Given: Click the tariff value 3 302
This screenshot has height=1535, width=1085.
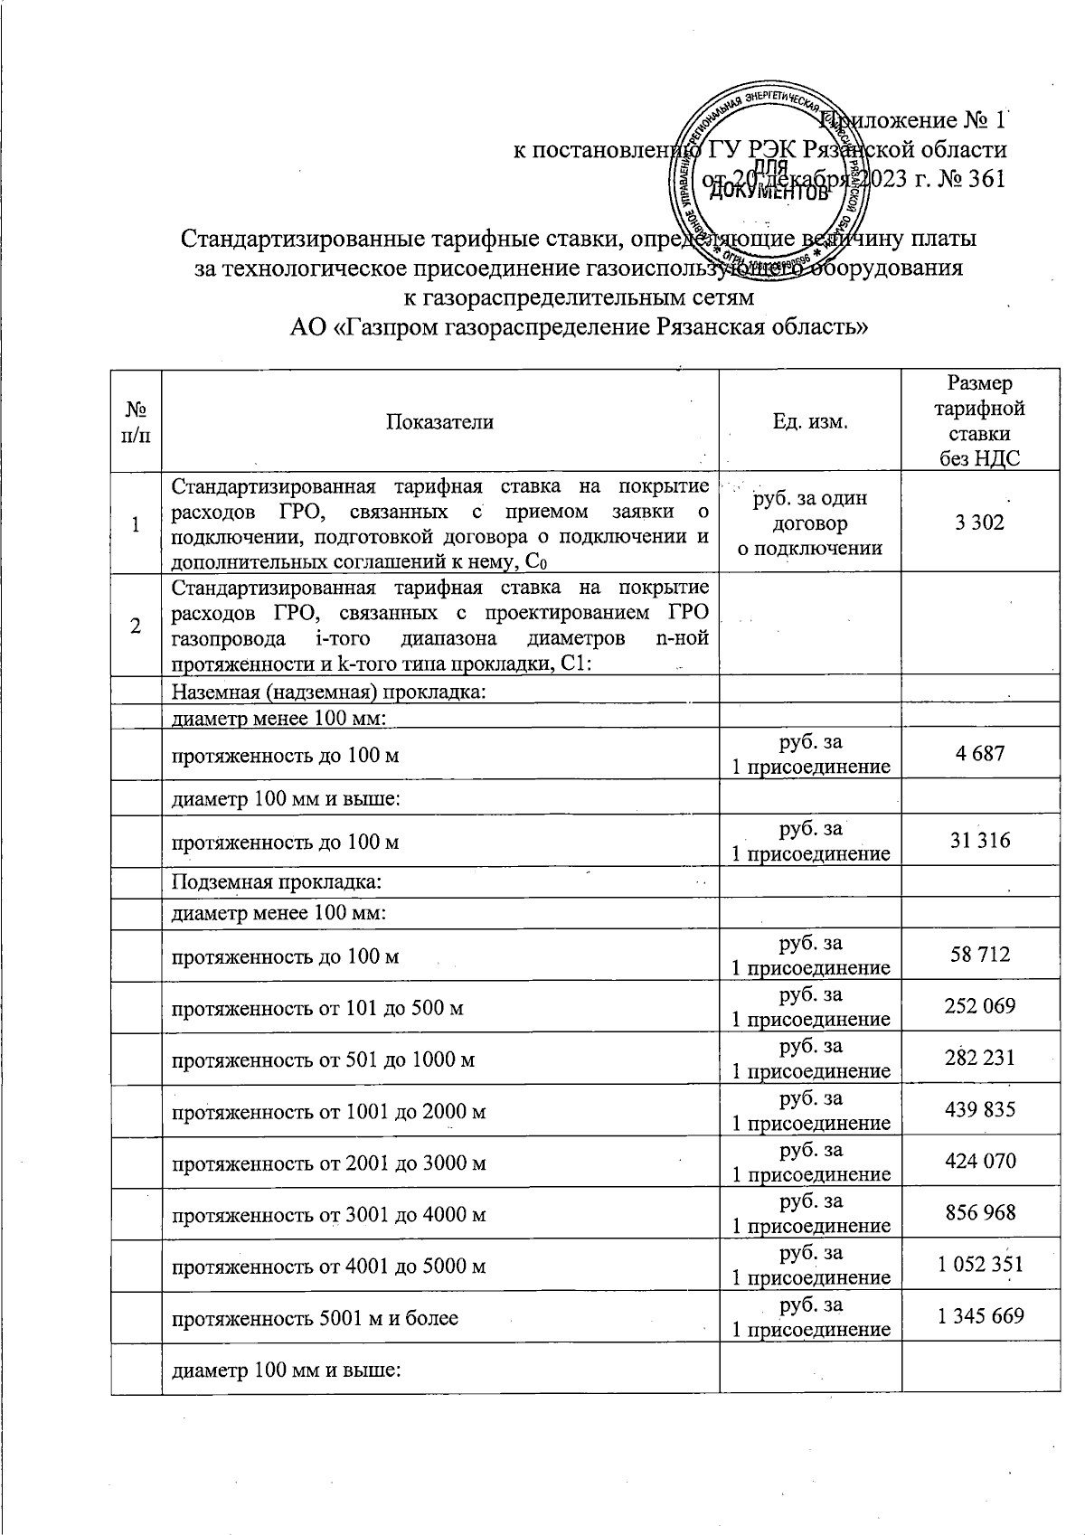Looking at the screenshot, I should point(980,522).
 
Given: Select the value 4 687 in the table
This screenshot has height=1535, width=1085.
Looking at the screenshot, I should point(980,753).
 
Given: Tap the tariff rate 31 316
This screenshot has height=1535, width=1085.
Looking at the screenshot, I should point(980,841).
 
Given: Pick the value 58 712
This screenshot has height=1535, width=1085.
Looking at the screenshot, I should point(980,955).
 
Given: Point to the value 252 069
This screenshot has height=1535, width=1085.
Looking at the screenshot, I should point(980,1005).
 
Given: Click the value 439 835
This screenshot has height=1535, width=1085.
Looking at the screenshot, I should point(980,1109).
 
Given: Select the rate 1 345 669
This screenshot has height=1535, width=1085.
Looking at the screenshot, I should point(980,1315).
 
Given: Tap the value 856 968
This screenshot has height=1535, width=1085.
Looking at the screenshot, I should point(980,1212).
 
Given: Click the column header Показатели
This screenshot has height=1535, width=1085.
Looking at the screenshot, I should point(439,421).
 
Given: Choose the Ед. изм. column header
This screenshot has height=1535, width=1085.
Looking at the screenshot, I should point(809,421).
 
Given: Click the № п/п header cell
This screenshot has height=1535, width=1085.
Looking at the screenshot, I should point(136,421).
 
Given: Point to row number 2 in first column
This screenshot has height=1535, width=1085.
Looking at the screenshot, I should point(136,625).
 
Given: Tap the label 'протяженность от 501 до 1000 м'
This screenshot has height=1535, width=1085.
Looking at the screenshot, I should point(323,1059).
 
